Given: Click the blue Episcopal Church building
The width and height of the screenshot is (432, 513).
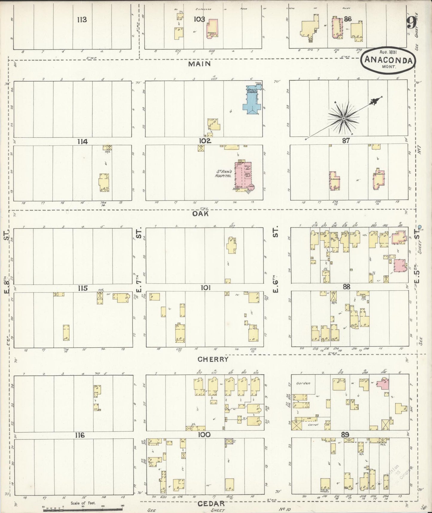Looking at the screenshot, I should click(253, 100).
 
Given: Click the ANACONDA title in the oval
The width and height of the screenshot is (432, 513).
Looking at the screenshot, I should click(388, 60).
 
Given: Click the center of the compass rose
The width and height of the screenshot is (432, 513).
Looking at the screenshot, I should click(344, 119).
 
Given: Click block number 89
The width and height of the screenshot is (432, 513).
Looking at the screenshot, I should click(345, 434).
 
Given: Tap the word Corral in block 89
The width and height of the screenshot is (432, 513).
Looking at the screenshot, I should click(313, 424).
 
